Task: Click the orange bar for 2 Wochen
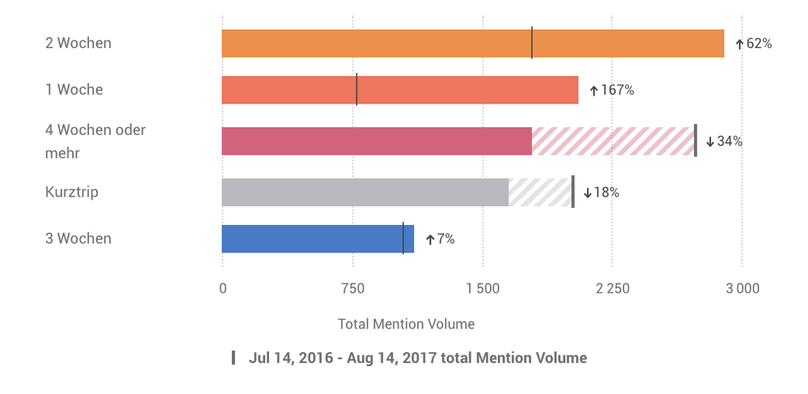coord(472,43)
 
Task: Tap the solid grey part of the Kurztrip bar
coord(365,192)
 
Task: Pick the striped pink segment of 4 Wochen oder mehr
coord(612,141)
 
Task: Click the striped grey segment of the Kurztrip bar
coord(540,192)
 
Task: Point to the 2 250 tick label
coord(612,288)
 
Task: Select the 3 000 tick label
coord(742,288)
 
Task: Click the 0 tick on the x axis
coord(223,288)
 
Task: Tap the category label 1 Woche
coord(74,90)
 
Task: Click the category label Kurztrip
coord(72,192)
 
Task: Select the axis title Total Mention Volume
coord(406,324)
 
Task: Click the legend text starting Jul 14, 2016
coord(417,358)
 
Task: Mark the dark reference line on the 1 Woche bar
coord(357,89)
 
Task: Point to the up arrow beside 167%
coord(594,91)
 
